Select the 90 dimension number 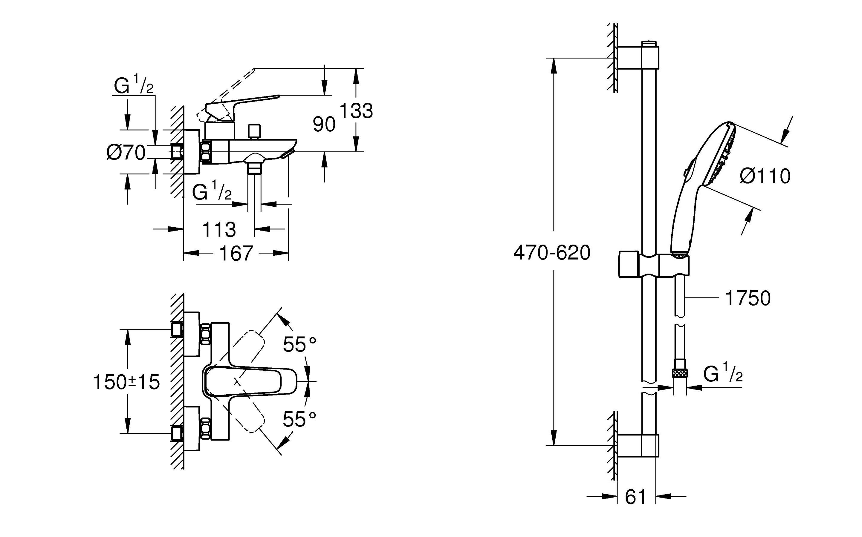point(324,124)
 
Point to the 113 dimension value point(219,229)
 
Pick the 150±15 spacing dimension point(126,383)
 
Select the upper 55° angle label point(299,344)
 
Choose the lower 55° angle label point(299,419)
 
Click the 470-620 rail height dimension point(552,253)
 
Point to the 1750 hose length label point(748,298)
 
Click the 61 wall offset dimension point(635,497)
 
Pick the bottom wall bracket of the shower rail point(638,445)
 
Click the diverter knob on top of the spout point(254,132)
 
